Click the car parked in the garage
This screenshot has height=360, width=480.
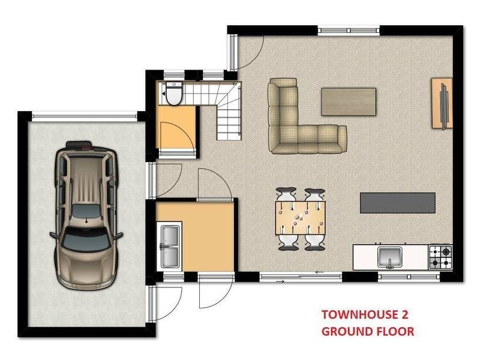pyautogui.click(x=86, y=215)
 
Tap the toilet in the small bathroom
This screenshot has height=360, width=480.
pyautogui.click(x=174, y=93)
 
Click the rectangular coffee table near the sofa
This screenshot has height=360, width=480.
pyautogui.click(x=349, y=101)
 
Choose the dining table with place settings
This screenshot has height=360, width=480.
pyautogui.click(x=301, y=218)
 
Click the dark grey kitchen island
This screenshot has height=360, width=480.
pyautogui.click(x=398, y=203)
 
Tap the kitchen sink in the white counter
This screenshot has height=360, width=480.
pyautogui.click(x=389, y=257)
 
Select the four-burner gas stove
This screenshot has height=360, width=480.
pyautogui.click(x=440, y=257)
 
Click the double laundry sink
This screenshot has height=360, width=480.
pyautogui.click(x=170, y=246)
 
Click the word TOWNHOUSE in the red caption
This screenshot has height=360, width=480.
pyautogui.click(x=355, y=315)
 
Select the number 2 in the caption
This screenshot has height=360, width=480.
pyautogui.click(x=404, y=315)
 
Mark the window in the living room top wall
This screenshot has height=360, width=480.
pyautogui.click(x=349, y=31)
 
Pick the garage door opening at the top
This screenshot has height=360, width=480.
pyautogui.click(x=85, y=116)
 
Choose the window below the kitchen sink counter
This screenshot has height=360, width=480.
pyautogui.click(x=409, y=277)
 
